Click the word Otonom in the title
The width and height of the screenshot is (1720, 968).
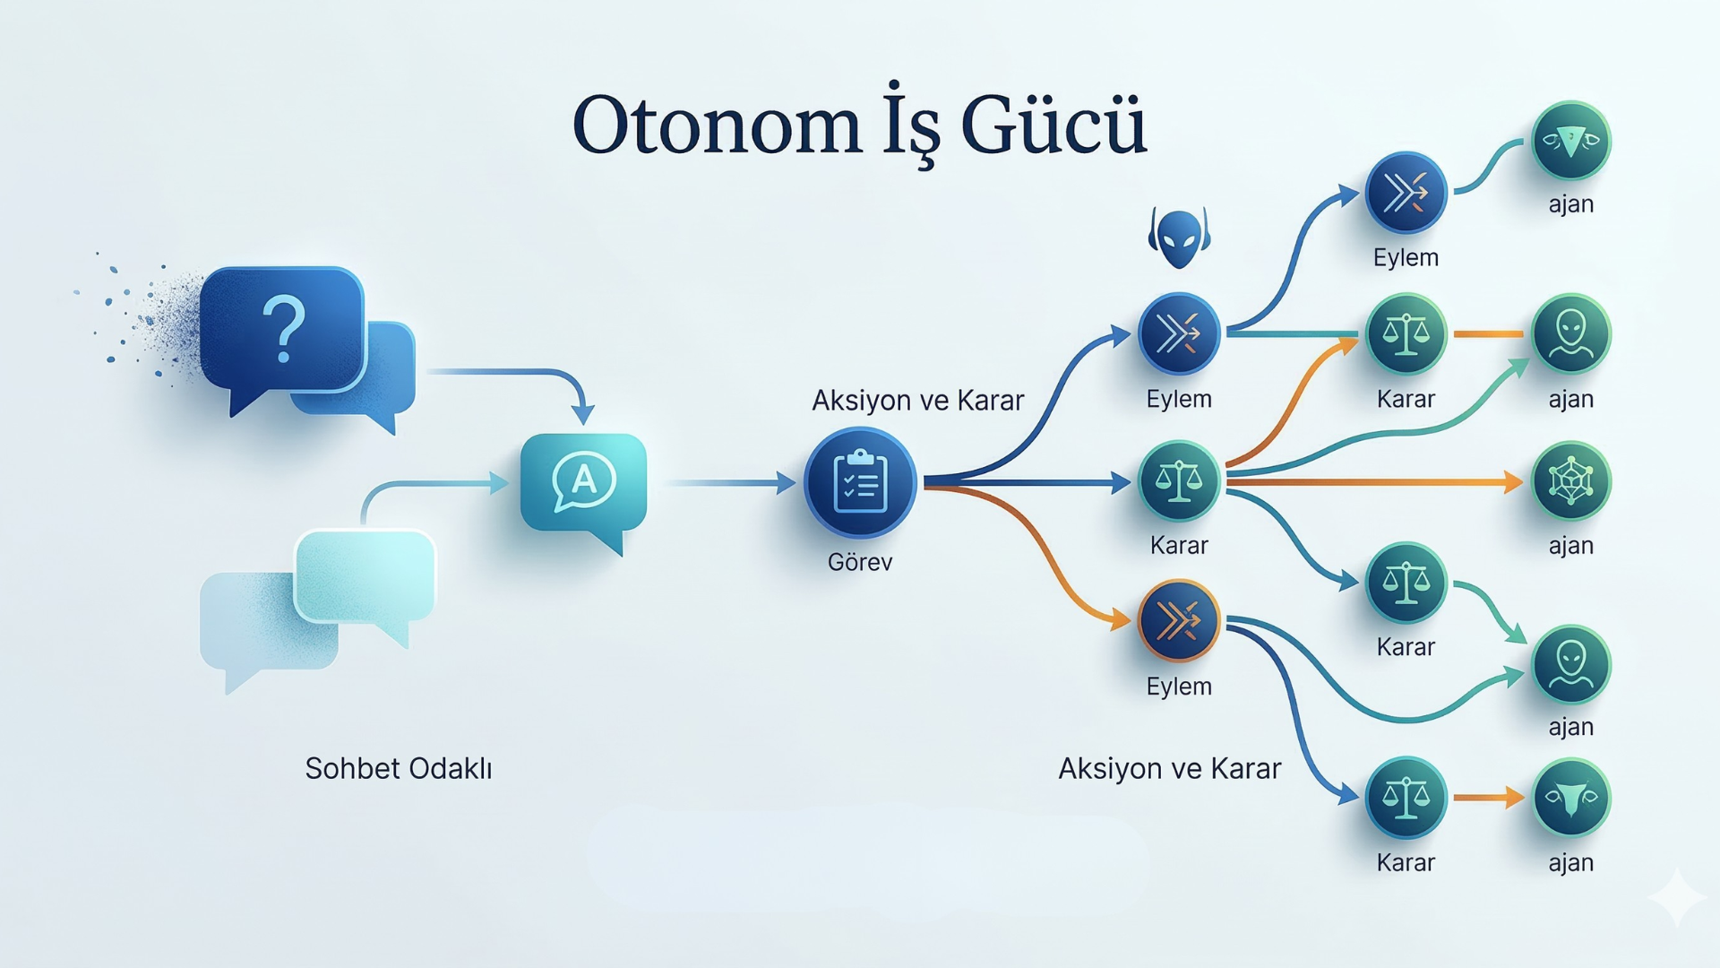click(x=717, y=125)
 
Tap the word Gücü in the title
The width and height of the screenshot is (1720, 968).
click(x=1053, y=124)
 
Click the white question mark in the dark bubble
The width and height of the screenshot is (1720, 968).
click(x=284, y=330)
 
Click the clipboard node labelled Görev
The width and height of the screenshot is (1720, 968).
click(x=860, y=483)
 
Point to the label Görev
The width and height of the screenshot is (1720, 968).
click(x=860, y=562)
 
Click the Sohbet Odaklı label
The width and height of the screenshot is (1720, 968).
click(x=399, y=768)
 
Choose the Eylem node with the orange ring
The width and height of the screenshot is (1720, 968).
click(x=1179, y=620)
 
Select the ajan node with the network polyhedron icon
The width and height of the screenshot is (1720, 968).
click(x=1571, y=482)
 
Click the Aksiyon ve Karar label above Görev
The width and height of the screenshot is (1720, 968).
click(x=917, y=400)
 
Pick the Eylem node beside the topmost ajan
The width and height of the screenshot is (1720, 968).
click(x=1406, y=193)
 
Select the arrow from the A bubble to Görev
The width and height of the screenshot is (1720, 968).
click(x=730, y=483)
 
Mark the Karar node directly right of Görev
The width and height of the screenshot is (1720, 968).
click(x=1179, y=482)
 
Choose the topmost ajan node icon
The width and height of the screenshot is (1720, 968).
click(x=1571, y=141)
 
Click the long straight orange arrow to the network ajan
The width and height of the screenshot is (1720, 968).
click(x=1375, y=483)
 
